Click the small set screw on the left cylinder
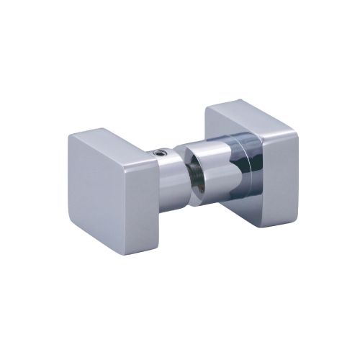[x=161, y=153]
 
